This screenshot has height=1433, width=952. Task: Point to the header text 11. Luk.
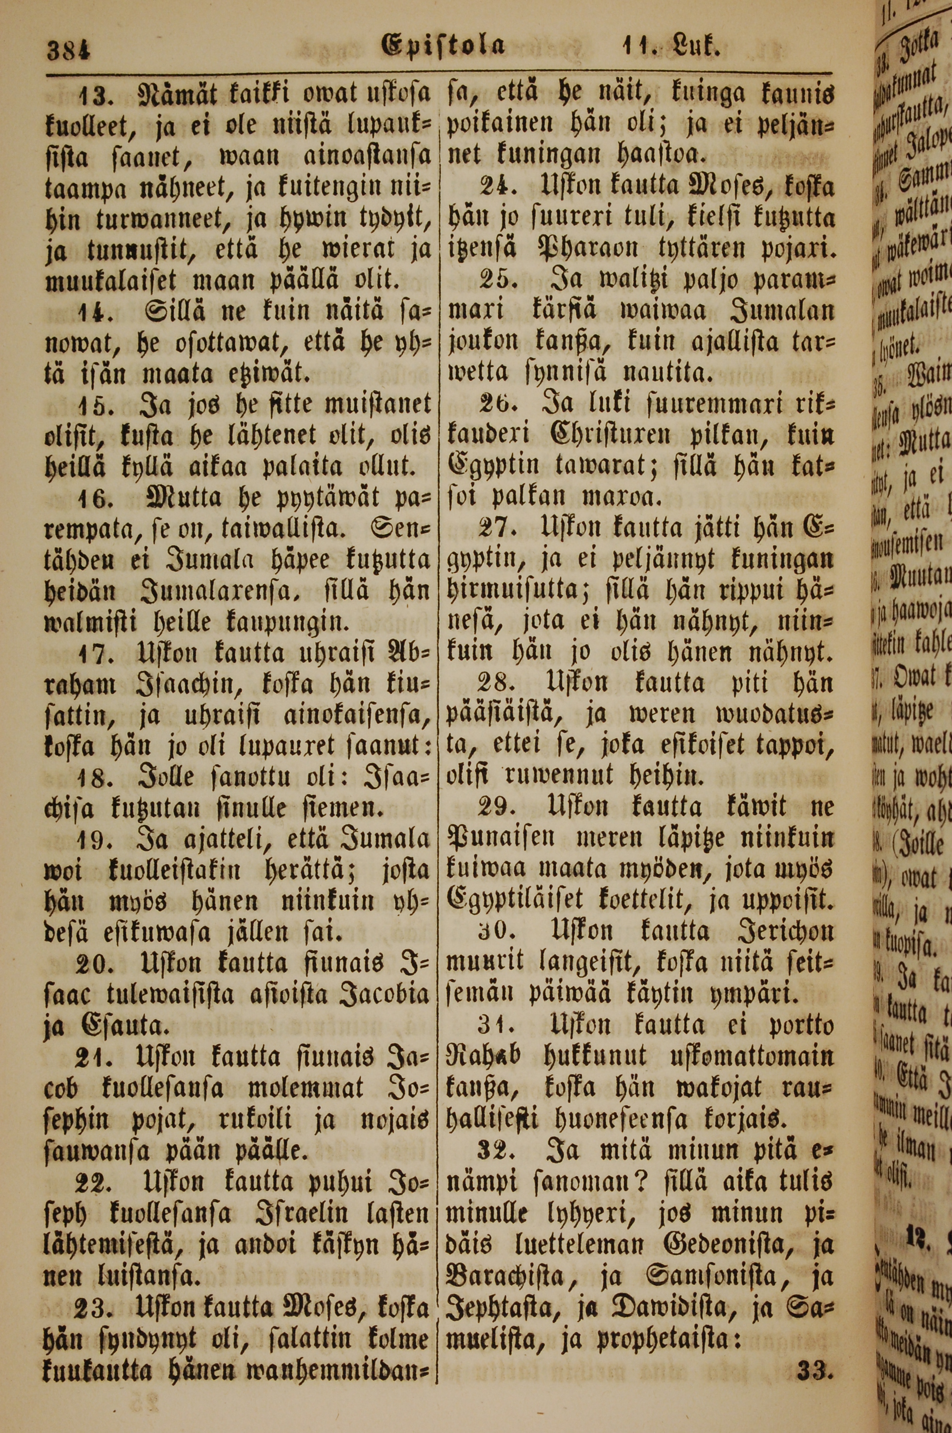coord(670,46)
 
